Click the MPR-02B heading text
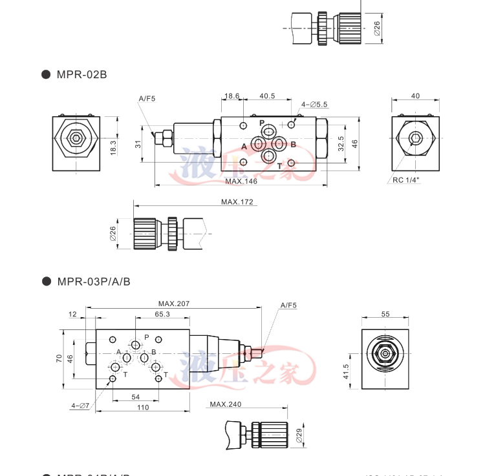(81, 74)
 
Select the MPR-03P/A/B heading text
(94, 281)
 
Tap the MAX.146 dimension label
(241, 181)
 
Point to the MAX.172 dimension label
(237, 202)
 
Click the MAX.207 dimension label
(174, 304)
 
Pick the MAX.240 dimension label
(225, 405)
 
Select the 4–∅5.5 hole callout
(314, 104)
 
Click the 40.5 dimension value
(267, 96)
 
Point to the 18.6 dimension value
(232, 96)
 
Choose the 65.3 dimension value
(162, 314)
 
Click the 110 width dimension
(143, 408)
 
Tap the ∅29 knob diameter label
(299, 436)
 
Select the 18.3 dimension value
(113, 147)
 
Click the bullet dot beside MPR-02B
(46, 74)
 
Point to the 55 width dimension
(386, 314)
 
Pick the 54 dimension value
(136, 397)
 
